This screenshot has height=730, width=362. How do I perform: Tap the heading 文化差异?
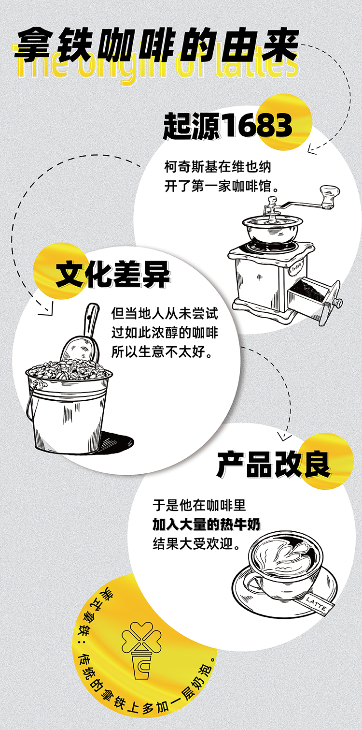coord(113,275)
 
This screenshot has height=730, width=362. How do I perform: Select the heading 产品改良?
coord(274,465)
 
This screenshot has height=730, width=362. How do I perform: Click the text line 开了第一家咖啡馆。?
coord(222,186)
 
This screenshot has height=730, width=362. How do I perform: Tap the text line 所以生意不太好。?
coord(162,351)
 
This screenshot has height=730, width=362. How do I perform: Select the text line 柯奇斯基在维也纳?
coord(218,167)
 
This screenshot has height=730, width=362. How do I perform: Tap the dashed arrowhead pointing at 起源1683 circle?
coord(312,150)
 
